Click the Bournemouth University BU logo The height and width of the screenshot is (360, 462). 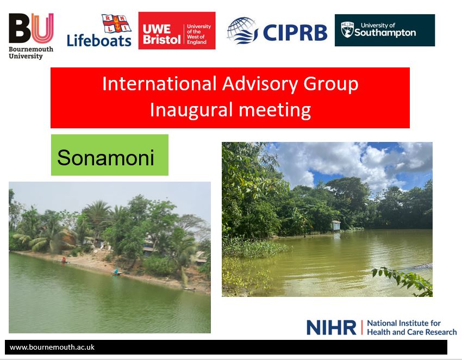pos(31,36)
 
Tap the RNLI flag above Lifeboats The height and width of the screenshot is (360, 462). pos(116,23)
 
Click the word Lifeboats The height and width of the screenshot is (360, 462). pos(99,40)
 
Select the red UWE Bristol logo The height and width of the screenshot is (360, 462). pos(177,30)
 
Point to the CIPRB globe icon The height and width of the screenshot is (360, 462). pos(242,31)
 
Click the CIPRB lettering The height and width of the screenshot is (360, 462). pos(295,33)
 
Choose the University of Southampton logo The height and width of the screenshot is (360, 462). pos(385,30)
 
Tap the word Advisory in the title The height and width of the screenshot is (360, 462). pos(260,84)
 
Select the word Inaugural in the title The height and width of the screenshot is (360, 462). pos(191,110)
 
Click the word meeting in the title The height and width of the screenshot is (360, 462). pos(274,110)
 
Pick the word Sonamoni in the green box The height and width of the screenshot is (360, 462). pos(105,158)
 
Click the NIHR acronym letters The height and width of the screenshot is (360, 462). pos(331,327)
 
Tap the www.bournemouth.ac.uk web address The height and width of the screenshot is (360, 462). pos(52,347)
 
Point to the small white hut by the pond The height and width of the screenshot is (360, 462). pos(336,226)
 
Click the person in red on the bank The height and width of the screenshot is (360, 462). pos(64,260)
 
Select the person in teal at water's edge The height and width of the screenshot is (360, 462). pos(116,271)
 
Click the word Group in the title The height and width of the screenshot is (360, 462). pos(331,84)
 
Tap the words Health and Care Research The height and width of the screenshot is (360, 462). pos(412,332)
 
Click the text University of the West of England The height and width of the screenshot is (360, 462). pos(199,34)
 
